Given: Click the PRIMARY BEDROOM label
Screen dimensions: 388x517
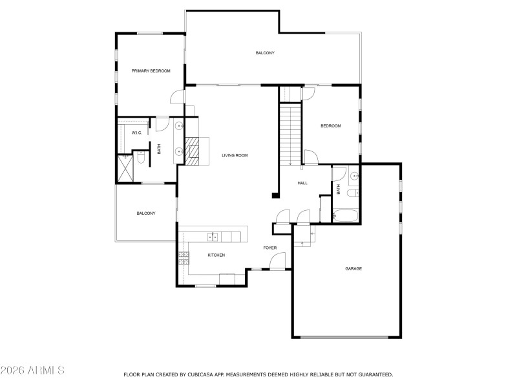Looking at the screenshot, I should click(151, 70).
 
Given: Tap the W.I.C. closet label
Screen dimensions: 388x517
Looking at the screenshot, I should click(137, 133).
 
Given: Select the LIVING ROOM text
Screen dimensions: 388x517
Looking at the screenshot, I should click(235, 155).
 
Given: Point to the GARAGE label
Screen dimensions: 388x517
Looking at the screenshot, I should click(353, 268).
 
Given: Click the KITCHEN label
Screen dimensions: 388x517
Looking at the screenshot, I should click(216, 255).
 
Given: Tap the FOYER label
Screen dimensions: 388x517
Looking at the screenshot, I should click(269, 248).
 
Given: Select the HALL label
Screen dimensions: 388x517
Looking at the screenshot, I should click(302, 183).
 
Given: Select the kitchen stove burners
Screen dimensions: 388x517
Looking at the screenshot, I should click(183, 258).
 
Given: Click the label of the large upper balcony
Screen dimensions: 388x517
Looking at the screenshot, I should click(265, 52).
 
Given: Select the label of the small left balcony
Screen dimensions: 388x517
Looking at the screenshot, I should click(145, 213).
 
